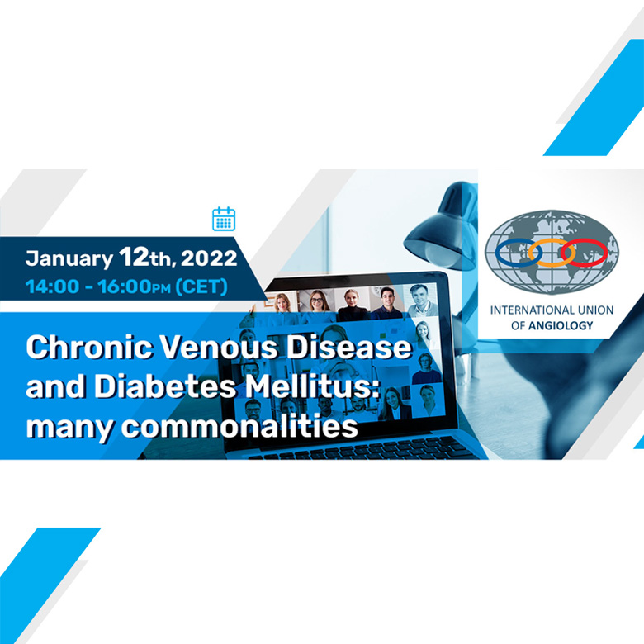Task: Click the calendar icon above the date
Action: point(224,219)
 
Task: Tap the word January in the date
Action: point(69,259)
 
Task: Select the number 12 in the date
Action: point(134,257)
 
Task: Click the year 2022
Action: point(209,258)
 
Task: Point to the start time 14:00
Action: point(52,286)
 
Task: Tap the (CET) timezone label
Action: point(201,286)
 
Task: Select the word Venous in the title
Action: point(220,347)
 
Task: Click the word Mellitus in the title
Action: point(312,386)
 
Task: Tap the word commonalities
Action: point(239,426)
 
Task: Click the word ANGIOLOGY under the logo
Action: point(561,325)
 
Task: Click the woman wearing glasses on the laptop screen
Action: point(317,301)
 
